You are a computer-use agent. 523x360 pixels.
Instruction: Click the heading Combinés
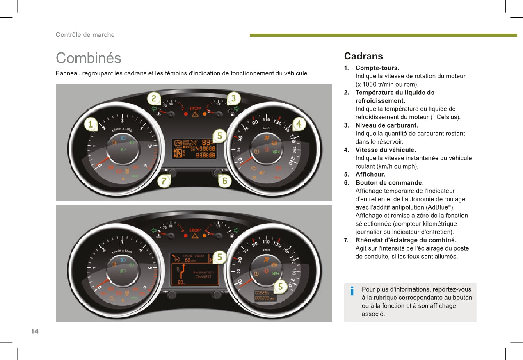pyautogui.click(x=88, y=58)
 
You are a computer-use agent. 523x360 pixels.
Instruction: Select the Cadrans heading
pyautogui.click(x=363, y=56)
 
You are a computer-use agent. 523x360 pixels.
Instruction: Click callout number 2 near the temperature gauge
pyautogui.click(x=154, y=98)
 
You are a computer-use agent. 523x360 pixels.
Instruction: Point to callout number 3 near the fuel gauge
pyautogui.click(x=233, y=98)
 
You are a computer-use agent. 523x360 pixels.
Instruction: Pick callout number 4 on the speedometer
pyautogui.click(x=299, y=124)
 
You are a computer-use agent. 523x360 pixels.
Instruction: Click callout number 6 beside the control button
pyautogui.click(x=224, y=181)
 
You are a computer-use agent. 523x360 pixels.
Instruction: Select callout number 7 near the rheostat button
pyautogui.click(x=165, y=181)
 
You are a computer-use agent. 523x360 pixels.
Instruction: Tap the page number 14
pyautogui.click(x=34, y=331)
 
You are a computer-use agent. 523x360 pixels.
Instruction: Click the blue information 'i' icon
pyautogui.click(x=352, y=291)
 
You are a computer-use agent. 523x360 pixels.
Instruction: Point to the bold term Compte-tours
pyautogui.click(x=377, y=68)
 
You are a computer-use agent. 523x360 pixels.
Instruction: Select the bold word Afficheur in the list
pyautogui.click(x=370, y=175)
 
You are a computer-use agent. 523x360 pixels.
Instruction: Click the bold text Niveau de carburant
pyautogui.click(x=387, y=125)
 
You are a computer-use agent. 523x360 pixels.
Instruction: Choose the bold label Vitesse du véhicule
pyautogui.click(x=386, y=150)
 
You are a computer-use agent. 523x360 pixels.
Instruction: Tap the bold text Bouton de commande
pyautogui.click(x=389, y=183)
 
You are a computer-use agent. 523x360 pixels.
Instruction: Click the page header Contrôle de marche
pyautogui.click(x=85, y=35)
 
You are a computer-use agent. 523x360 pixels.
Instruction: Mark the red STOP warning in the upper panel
pyautogui.click(x=194, y=109)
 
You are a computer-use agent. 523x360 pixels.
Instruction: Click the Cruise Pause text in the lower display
pyautogui.click(x=193, y=256)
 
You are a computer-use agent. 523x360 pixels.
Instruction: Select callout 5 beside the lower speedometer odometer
pyautogui.click(x=281, y=287)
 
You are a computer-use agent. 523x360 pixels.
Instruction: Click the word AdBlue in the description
pyautogui.click(x=438, y=207)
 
